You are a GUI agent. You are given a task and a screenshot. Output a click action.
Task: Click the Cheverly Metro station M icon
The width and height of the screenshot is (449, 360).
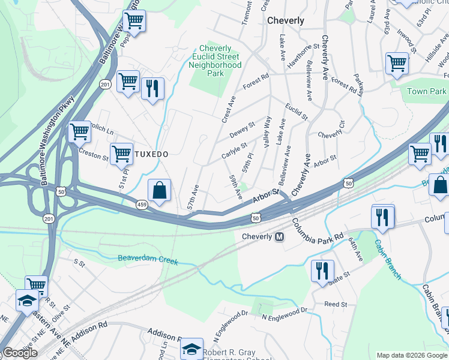click(x=279, y=237)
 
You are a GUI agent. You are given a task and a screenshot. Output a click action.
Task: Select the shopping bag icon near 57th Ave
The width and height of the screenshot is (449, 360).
click(x=159, y=190)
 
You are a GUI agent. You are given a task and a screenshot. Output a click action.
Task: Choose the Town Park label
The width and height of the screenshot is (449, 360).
click(x=427, y=91)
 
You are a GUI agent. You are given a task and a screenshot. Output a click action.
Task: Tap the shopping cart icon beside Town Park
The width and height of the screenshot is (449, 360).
click(x=397, y=63)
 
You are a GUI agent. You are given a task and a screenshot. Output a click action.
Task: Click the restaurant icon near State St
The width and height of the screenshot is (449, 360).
click(x=322, y=271)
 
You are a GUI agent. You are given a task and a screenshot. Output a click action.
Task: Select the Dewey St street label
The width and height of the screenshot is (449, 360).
click(x=243, y=128)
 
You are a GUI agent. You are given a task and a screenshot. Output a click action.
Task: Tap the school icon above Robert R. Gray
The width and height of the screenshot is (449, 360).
click(x=191, y=349)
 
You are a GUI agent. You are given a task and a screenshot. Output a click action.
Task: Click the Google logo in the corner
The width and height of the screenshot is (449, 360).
click(x=20, y=353)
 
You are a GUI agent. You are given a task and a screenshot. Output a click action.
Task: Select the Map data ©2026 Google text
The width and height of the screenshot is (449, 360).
click(x=412, y=355)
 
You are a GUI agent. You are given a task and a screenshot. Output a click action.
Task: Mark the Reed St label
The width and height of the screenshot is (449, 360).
click(x=336, y=305)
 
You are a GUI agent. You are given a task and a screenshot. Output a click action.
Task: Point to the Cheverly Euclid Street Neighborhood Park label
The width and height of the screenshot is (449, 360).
click(x=215, y=61)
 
